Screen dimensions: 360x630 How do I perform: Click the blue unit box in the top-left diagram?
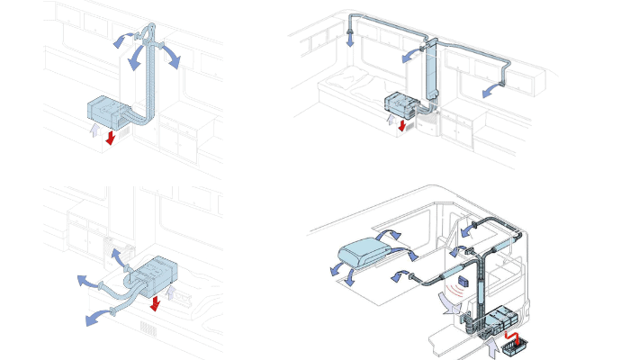109,110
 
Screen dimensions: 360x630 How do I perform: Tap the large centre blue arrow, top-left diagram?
136,59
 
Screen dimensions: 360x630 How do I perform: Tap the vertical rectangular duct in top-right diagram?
430,72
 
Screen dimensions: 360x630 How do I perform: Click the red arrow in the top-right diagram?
402,123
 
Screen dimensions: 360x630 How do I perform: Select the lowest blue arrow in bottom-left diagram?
93,317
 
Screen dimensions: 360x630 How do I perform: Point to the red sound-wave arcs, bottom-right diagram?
459,289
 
